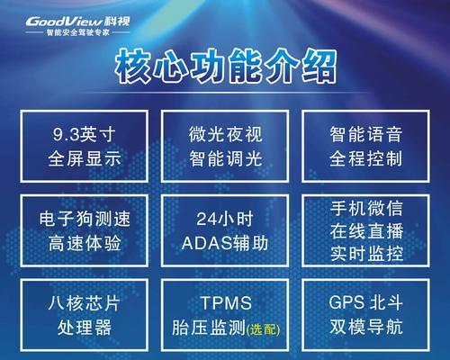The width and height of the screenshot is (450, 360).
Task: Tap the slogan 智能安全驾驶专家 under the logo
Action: point(78,32)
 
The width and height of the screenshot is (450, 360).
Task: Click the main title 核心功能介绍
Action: point(226,67)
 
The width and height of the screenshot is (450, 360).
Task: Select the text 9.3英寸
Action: point(84,134)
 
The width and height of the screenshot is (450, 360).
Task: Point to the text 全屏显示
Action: point(85,158)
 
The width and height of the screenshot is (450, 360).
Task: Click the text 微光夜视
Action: point(225,134)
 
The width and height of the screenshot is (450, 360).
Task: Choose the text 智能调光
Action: point(225,158)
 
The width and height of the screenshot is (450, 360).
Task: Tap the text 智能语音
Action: point(366,134)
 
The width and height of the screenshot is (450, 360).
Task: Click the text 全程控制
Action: point(366,158)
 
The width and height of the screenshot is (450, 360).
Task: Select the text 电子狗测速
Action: point(85,219)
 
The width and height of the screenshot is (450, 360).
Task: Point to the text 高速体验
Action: point(85,243)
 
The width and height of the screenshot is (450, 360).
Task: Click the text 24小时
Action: point(225,219)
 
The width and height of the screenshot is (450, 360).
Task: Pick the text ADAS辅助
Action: point(225,243)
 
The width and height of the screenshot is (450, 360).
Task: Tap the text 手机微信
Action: point(366,208)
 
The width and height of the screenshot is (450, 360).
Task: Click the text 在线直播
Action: point(366,231)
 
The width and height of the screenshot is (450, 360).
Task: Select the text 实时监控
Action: point(366,254)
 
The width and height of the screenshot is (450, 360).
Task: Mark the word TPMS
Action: point(226,303)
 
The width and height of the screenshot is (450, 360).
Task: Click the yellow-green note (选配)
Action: point(263,329)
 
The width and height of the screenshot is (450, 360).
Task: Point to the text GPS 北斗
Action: point(365,302)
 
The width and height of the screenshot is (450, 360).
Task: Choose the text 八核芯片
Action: point(85,303)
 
